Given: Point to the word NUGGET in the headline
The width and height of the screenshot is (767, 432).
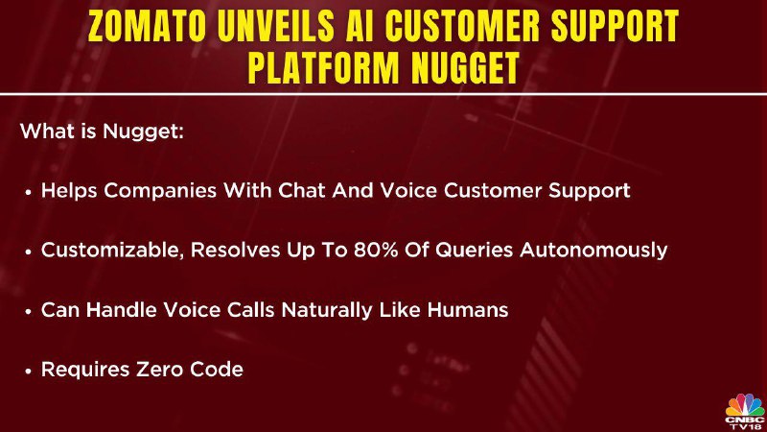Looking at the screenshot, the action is coord(465,67).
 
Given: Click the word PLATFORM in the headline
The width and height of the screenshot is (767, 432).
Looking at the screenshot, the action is coord(324,67).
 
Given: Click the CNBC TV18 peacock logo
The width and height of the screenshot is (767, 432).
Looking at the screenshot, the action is coord(745,412).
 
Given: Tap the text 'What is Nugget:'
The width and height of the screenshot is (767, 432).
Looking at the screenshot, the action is coord(103,132).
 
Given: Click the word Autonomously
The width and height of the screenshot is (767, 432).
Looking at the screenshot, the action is coord(593,251).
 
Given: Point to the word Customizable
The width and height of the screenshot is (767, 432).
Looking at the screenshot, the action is coord(112,251).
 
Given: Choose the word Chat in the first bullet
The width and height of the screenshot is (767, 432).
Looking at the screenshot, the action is coord(302,190).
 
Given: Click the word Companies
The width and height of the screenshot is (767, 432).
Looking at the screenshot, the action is coord(160,191).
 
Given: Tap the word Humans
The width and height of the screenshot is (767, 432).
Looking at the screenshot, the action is coord(468,310).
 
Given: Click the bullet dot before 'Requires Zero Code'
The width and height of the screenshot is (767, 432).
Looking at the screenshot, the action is coord(28,372).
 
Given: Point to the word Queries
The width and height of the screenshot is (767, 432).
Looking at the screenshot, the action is coord(474,251).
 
